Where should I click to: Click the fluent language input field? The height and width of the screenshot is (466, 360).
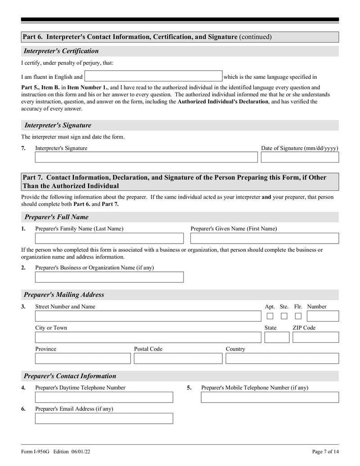(153, 76)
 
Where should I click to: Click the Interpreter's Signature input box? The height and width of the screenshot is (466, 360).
(146, 157)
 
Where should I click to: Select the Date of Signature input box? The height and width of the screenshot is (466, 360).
(300, 157)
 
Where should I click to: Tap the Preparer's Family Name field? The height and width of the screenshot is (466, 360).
(109, 238)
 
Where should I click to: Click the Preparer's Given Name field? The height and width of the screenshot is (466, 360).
(265, 238)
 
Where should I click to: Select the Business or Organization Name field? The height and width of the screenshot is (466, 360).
(109, 277)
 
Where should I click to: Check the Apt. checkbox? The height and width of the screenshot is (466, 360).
(270, 316)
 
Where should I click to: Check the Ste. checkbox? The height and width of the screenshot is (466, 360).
(284, 316)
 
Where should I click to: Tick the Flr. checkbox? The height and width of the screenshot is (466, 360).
(298, 316)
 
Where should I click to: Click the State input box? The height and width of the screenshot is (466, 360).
(277, 337)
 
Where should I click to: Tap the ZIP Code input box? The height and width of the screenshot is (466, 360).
(315, 337)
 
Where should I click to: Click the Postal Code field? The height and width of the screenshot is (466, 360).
(178, 358)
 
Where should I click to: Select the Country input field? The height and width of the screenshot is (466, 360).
(282, 358)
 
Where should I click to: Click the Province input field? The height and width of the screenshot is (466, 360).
(83, 358)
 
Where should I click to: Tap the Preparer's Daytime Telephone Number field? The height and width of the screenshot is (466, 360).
(104, 397)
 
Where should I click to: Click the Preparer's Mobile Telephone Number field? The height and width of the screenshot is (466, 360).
(270, 397)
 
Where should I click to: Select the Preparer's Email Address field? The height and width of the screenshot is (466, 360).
(104, 418)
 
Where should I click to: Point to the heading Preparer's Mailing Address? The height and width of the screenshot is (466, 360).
(64, 295)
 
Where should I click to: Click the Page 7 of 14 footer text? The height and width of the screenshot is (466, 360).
(325, 452)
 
